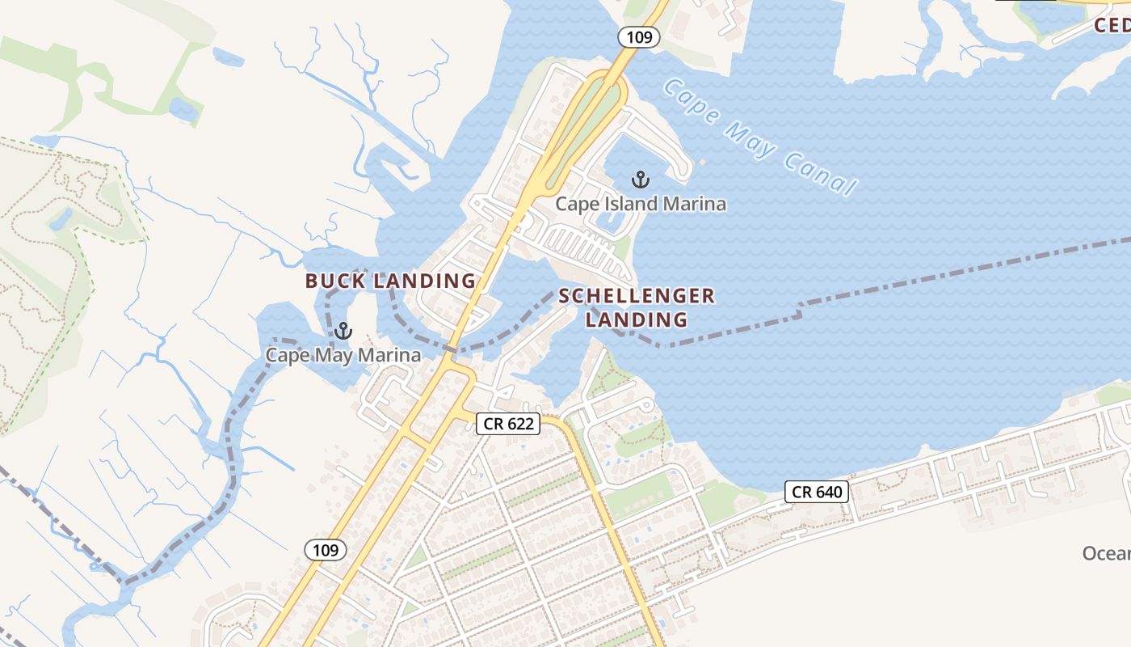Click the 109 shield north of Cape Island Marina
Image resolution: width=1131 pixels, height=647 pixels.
tap(640, 36)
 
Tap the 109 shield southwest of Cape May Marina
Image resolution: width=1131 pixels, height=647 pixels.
tap(326, 550)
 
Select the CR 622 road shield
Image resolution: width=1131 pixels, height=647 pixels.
tap(507, 423)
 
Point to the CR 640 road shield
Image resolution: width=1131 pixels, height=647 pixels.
tap(817, 492)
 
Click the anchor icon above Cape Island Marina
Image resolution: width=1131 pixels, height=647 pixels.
tap(641, 179)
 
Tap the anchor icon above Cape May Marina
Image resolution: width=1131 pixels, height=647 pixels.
tap(343, 330)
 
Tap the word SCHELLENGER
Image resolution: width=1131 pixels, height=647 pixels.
tap(637, 296)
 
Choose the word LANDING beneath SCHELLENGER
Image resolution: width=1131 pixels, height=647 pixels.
tap(637, 319)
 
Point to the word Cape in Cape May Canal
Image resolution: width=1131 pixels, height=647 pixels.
tap(690, 103)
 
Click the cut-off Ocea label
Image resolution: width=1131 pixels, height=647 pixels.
tap(1106, 553)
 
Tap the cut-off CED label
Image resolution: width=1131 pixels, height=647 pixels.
tap(1112, 25)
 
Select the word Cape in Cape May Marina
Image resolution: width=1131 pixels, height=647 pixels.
tap(287, 355)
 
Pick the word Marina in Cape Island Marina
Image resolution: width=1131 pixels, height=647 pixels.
tap(694, 204)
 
